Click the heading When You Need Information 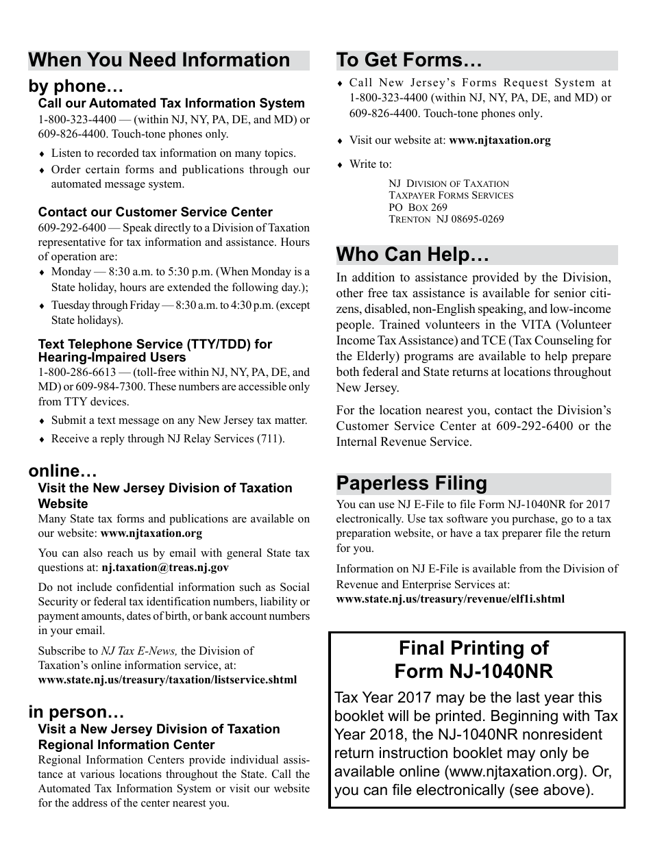[x=160, y=60]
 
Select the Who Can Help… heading [x=413, y=255]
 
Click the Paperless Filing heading [x=411, y=483]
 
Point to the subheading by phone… [x=75, y=87]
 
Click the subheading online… [x=62, y=471]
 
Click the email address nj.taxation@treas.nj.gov [x=165, y=567]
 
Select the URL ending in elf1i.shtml [x=450, y=598]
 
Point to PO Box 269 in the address [x=417, y=207]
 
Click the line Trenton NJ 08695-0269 [x=445, y=220]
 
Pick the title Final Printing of [x=474, y=648]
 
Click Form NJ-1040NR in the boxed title [x=474, y=670]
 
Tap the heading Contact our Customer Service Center [x=155, y=212]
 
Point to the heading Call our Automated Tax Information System [x=171, y=103]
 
